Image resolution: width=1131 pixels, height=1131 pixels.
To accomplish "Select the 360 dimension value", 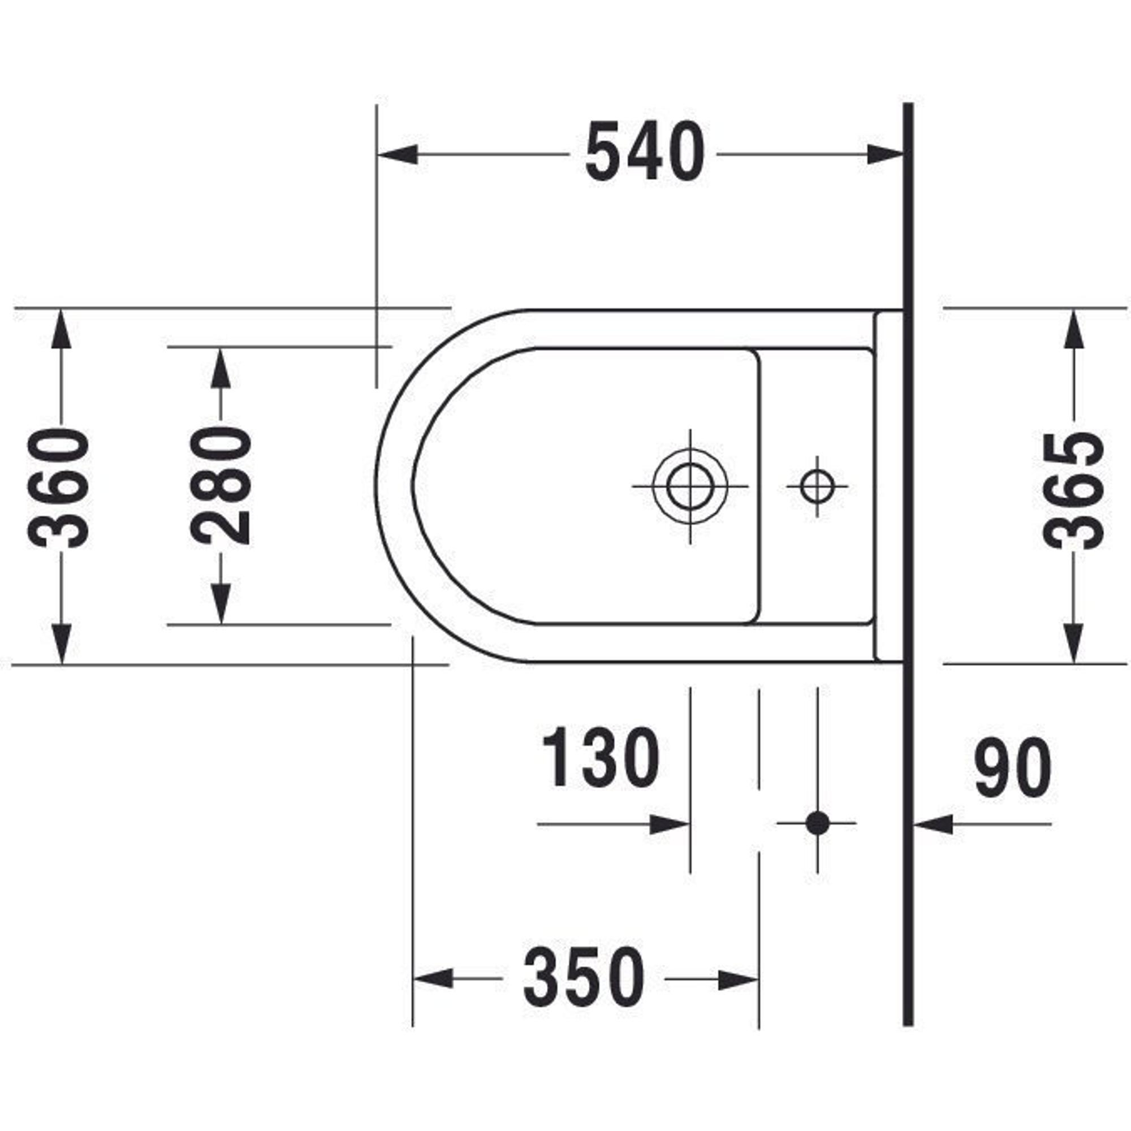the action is [x=59, y=487].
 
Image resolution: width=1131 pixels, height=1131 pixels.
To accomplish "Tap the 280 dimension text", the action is [x=221, y=485].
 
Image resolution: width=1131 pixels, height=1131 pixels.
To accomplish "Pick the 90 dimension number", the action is [x=1013, y=767].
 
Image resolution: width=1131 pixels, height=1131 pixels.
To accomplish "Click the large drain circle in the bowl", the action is [x=690, y=486].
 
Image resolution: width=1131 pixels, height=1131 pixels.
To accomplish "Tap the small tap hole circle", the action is [x=817, y=486].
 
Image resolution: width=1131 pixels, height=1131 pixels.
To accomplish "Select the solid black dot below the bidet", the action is [x=817, y=823].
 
